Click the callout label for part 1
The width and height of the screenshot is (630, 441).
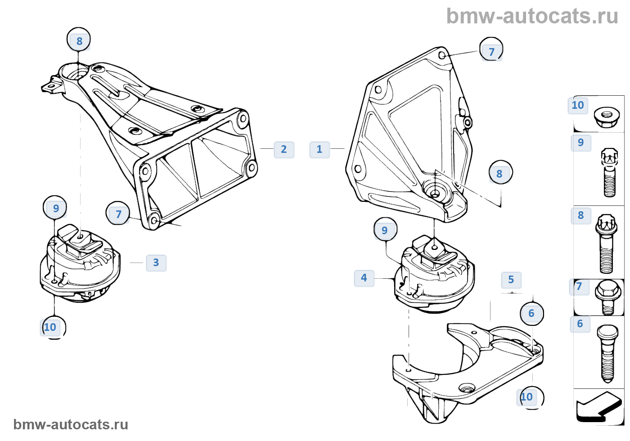(319, 149)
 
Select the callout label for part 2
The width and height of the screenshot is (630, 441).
(284, 149)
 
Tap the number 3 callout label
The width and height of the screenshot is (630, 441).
(156, 263)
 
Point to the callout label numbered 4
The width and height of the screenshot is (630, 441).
(364, 278)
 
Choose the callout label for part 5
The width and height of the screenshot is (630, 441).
(511, 280)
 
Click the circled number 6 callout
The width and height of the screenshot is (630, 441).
(531, 313)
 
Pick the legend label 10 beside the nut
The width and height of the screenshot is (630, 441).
(578, 105)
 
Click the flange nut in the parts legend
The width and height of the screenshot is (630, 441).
(606, 117)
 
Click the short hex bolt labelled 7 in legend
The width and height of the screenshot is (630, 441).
(608, 297)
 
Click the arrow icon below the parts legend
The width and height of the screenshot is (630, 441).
(598, 407)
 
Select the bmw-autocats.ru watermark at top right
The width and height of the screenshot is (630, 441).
(532, 16)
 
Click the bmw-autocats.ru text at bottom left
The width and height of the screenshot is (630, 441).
(71, 424)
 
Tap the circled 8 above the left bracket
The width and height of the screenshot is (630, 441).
(79, 41)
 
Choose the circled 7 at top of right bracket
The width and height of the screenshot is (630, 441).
(491, 52)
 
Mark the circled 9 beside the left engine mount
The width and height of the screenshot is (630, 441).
(55, 208)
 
